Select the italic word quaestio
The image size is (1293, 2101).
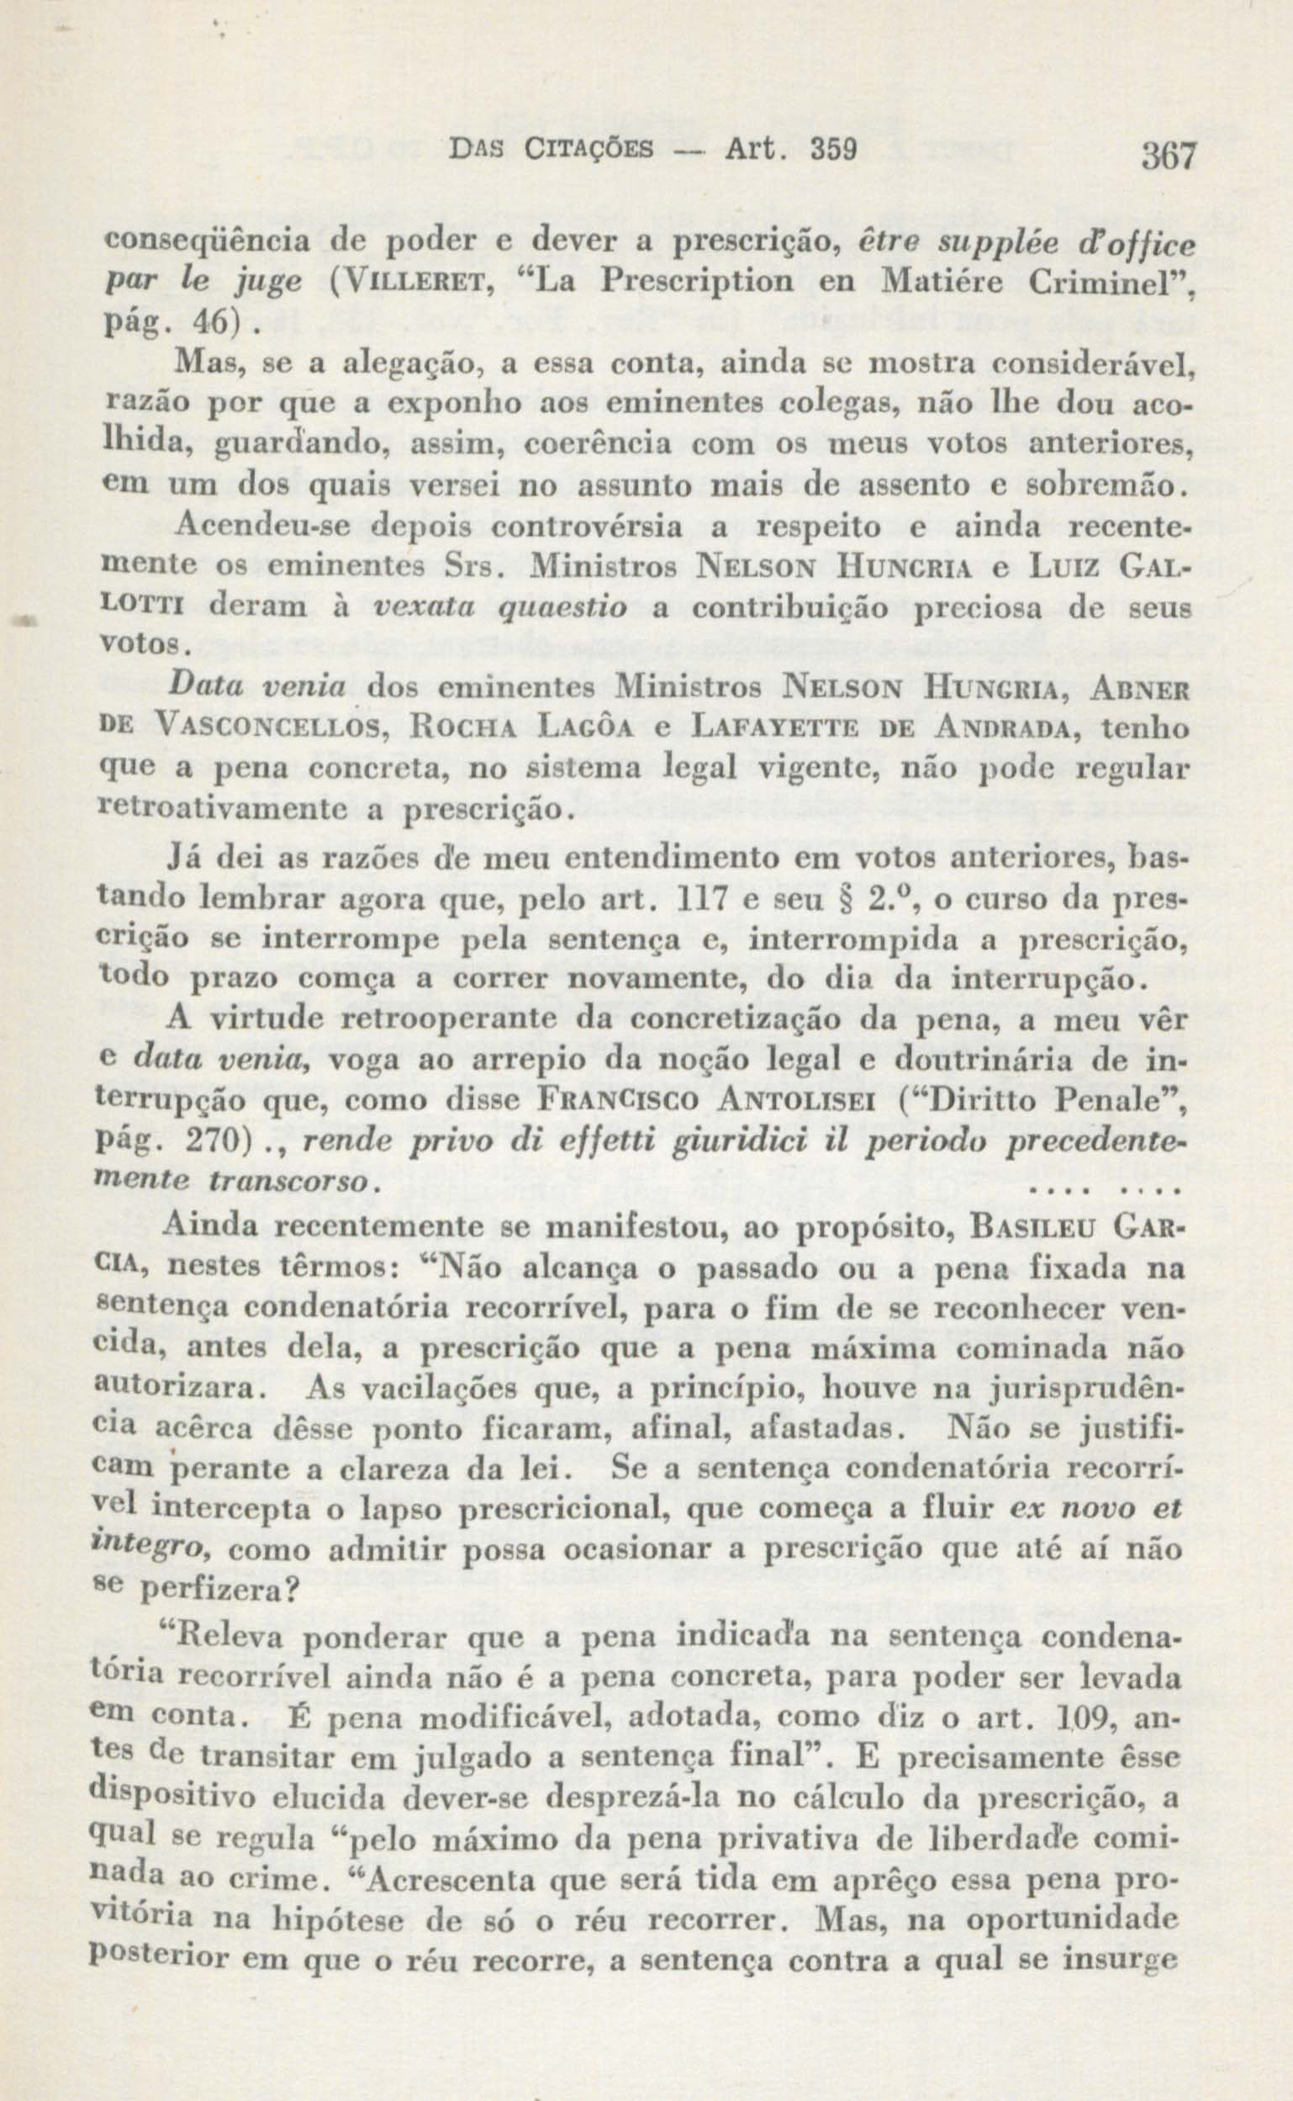pyautogui.click(x=553, y=606)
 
